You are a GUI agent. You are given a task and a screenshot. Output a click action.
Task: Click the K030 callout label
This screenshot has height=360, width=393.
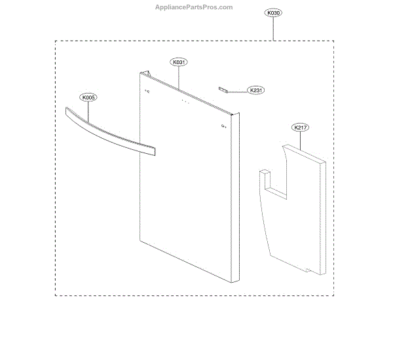click(x=273, y=12)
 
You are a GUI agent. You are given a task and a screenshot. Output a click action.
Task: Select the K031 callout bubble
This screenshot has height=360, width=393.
click(x=179, y=62)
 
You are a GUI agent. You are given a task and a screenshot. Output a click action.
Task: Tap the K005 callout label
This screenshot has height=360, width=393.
click(x=88, y=98)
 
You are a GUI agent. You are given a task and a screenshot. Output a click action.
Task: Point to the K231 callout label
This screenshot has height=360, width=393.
click(x=255, y=90)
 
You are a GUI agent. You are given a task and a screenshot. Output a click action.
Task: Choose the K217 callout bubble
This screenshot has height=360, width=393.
click(x=301, y=128)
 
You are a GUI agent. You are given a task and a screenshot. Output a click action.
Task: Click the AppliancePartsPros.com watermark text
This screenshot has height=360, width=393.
click(x=193, y=7)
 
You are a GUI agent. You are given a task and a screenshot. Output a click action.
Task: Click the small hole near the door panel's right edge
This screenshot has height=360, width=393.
click(x=224, y=126)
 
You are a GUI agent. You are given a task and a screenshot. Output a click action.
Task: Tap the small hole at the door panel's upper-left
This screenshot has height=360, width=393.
click(x=147, y=91)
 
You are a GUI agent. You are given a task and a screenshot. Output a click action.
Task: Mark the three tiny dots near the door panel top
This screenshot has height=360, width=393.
click(x=185, y=102)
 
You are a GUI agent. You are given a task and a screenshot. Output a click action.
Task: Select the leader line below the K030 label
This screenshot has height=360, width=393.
click(x=273, y=29)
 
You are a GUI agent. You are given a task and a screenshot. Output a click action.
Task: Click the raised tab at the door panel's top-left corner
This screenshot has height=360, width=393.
click(x=150, y=73)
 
